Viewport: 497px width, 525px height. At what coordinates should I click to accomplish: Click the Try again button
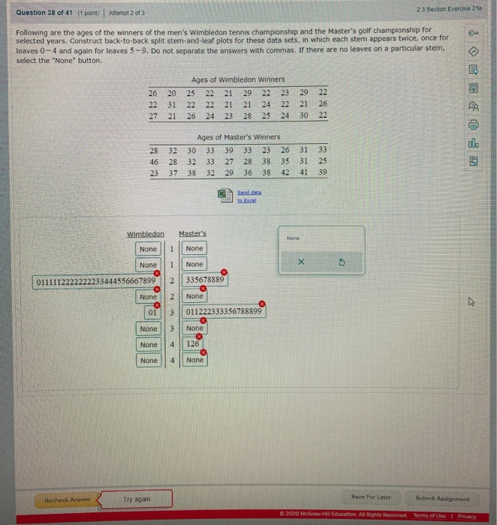click(x=137, y=499)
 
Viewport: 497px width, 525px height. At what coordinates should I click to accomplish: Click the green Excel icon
click(x=223, y=193)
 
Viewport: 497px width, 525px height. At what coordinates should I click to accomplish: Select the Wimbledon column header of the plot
click(x=146, y=234)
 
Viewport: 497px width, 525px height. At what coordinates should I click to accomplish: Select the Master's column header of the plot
click(x=192, y=234)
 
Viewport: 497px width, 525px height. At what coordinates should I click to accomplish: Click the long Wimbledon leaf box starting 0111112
click(x=96, y=281)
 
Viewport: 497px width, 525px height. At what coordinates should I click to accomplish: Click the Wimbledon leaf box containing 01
click(x=151, y=313)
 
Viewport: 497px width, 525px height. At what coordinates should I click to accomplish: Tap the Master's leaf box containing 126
click(x=194, y=345)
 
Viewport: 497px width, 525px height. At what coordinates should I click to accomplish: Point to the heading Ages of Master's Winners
click(x=238, y=137)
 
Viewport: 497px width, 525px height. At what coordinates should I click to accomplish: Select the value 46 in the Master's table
click(x=154, y=161)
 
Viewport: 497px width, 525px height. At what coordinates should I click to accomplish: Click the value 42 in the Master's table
click(x=285, y=172)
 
